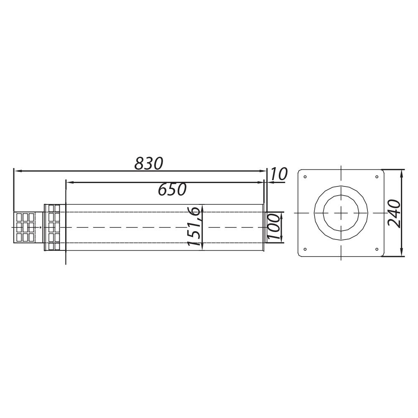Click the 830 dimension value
148,163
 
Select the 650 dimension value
172,189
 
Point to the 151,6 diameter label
195,228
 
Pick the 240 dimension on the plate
394,213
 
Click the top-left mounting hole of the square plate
305,176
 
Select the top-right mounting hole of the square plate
377,176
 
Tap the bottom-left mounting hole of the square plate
305,249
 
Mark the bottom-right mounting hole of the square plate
377,249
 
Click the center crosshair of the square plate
341,213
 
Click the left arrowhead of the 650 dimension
69,182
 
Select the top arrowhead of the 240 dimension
402,172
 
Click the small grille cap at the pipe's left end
25,227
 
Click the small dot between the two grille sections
40,227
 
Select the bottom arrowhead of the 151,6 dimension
202,247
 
